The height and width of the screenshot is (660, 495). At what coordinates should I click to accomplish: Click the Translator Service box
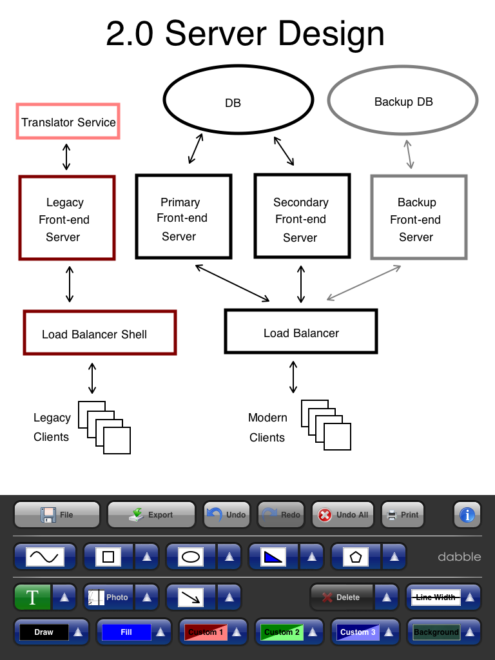(x=68, y=122)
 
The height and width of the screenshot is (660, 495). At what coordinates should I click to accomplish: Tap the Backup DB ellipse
(x=403, y=101)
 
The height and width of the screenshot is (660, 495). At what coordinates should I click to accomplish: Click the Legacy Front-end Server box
(x=67, y=219)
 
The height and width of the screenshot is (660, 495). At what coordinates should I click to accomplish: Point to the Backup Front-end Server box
(x=418, y=219)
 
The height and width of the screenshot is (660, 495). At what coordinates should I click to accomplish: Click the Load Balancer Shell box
(x=99, y=333)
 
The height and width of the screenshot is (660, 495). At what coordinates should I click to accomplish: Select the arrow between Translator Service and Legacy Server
(x=66, y=157)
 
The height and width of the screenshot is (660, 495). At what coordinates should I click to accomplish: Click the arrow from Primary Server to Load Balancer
(x=233, y=282)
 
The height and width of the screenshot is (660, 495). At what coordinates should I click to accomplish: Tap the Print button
(x=403, y=515)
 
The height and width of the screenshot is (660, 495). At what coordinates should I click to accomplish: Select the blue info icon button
(x=467, y=515)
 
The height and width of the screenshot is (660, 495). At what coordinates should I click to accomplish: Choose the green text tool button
(x=32, y=597)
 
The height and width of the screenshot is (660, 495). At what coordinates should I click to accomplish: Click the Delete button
(x=342, y=597)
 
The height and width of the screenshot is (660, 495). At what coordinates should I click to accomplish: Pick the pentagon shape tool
(x=356, y=556)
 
